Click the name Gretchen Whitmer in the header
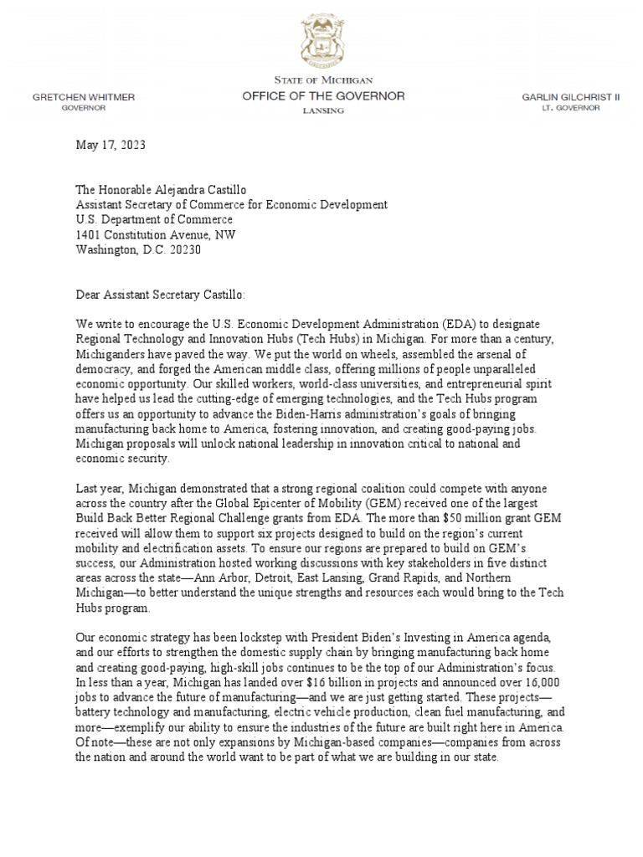[x=83, y=97]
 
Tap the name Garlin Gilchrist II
[x=570, y=97]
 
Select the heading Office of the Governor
[x=323, y=96]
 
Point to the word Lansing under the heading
[x=322, y=111]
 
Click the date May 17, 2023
[x=111, y=145]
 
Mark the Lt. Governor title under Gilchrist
[x=571, y=109]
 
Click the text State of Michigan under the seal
[x=323, y=80]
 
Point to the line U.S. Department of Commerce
[x=155, y=219]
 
